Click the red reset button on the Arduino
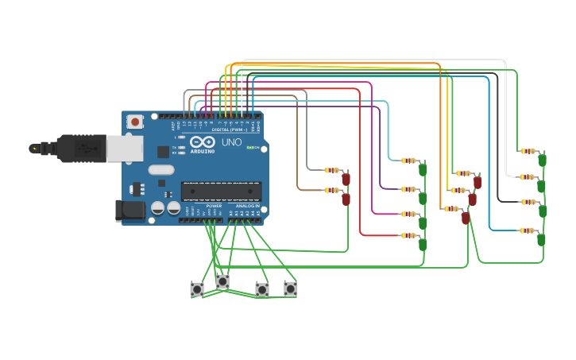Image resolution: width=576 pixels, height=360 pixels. coord(135,122)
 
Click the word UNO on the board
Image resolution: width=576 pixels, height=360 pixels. coord(231,142)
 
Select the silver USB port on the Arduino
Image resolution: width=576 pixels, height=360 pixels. coord(124,148)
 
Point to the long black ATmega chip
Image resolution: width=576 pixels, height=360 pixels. coord(221,191)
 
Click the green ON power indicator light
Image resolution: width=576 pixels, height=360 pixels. coord(250,147)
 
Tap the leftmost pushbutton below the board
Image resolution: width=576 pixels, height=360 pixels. coord(197,289)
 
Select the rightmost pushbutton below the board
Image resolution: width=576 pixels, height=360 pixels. coord(290,289)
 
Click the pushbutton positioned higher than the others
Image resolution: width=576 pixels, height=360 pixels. coord(222,281)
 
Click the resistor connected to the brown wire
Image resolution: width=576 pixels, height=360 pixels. coord(331,190)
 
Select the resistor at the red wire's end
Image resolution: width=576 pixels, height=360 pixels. coord(408,235)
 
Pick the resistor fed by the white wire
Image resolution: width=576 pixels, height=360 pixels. coord(526,177)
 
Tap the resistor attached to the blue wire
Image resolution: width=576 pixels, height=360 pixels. coord(526,230)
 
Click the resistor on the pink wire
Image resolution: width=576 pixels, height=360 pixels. coord(408,214)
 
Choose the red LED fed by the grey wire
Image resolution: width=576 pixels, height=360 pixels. coord(346,179)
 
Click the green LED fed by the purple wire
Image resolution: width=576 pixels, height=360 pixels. coord(423,197)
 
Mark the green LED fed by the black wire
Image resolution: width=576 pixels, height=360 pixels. coord(543,211)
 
